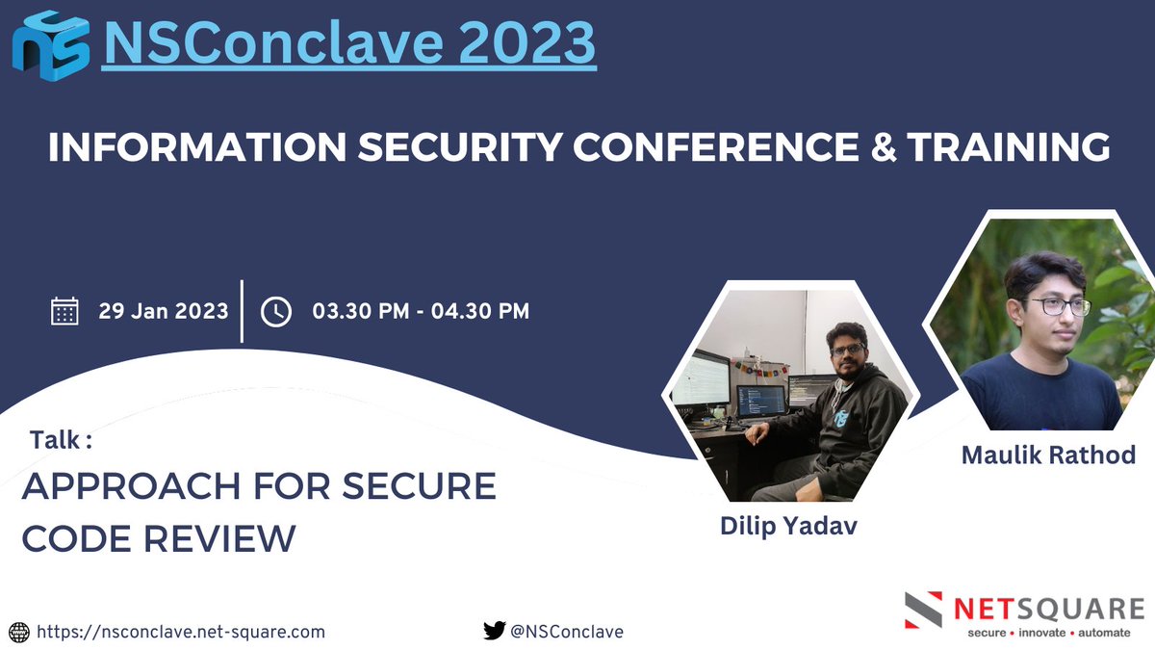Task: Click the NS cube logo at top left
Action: [50, 42]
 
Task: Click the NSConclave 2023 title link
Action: [348, 43]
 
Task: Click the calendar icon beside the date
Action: [64, 312]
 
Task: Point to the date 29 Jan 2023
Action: [164, 311]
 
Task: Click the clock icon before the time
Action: [276, 312]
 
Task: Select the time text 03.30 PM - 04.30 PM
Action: [421, 311]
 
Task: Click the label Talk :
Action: [61, 440]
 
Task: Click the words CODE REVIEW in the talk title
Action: [159, 538]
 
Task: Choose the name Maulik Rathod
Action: [1048, 454]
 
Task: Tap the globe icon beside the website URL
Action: [19, 632]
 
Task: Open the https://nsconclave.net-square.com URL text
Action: [181, 632]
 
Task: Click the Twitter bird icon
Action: [494, 632]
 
